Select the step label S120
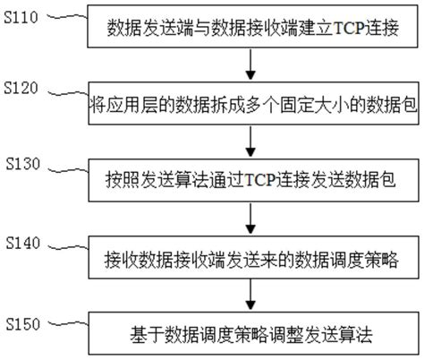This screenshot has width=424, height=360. pyautogui.click(x=21, y=89)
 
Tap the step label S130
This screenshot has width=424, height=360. pyautogui.click(x=21, y=166)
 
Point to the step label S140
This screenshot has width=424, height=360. pyautogui.click(x=21, y=242)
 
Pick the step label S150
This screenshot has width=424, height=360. pyautogui.click(x=21, y=320)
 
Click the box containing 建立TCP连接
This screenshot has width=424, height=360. pyautogui.click(x=253, y=30)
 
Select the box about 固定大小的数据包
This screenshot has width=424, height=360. pyautogui.click(x=253, y=106)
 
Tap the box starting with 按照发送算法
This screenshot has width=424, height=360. pyautogui.click(x=253, y=181)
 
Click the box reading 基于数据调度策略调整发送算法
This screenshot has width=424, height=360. pyautogui.click(x=253, y=337)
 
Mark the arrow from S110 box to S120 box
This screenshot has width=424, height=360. pyautogui.click(x=254, y=65)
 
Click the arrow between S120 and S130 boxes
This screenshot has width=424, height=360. pyautogui.click(x=254, y=141)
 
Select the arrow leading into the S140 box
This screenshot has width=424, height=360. pyautogui.click(x=254, y=219)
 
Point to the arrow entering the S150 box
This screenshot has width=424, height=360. pyautogui.click(x=254, y=296)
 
